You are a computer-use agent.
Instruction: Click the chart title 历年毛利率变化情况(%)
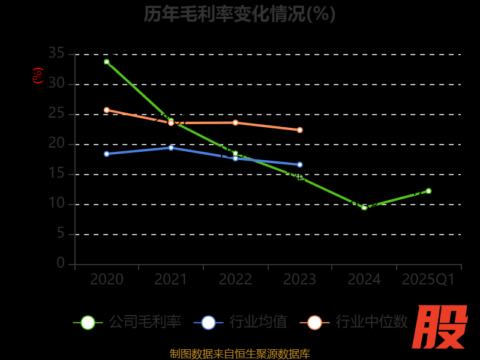pyautogui.click(x=239, y=14)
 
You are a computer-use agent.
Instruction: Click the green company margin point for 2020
pyautogui.click(x=107, y=62)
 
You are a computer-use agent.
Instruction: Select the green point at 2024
pyautogui.click(x=364, y=208)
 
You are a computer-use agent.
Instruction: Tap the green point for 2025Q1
pyautogui.click(x=428, y=191)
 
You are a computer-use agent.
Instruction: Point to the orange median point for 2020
pyautogui.click(x=107, y=110)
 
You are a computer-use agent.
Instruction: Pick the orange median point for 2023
pyautogui.click(x=300, y=130)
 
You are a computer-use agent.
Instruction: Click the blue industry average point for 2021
pyautogui.click(x=171, y=148)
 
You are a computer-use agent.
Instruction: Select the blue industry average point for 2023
pyautogui.click(x=300, y=164)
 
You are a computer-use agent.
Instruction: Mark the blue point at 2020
pyautogui.click(x=107, y=154)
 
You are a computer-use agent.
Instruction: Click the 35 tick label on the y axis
pyautogui.click(x=56, y=53)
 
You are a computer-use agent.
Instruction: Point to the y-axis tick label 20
pyautogui.click(x=56, y=143)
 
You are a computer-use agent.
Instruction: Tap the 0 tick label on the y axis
pyautogui.click(x=61, y=263)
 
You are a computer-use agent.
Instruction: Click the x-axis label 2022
pyautogui.click(x=235, y=280)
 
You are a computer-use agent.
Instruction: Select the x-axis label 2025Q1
pyautogui.click(x=428, y=280)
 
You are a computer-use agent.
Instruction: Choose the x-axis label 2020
pyautogui.click(x=107, y=280)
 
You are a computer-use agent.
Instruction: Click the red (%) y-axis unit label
pyautogui.click(x=37, y=76)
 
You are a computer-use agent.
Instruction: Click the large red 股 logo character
pyautogui.click(x=440, y=327)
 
